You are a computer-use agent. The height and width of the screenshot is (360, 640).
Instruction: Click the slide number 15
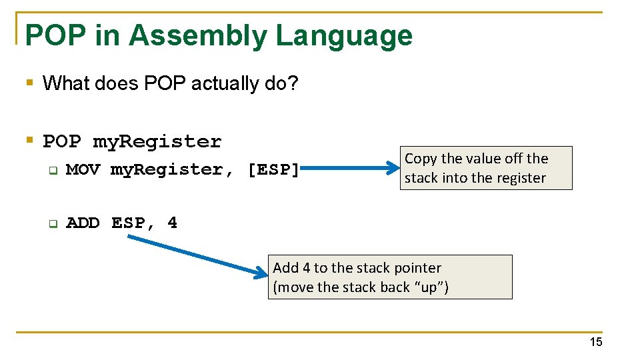(x=595, y=342)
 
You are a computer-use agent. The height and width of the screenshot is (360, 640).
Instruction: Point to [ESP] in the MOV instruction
(x=273, y=170)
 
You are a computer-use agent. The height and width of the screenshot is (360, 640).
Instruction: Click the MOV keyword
(x=83, y=170)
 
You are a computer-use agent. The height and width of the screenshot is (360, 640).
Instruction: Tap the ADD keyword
(x=83, y=223)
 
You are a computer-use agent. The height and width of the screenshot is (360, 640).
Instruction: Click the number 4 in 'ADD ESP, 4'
(x=172, y=223)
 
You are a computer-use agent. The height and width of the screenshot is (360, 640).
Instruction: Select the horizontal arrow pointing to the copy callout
(x=350, y=169)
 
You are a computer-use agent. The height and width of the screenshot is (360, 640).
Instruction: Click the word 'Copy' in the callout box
(x=421, y=159)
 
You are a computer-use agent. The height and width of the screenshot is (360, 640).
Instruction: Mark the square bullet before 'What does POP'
(x=29, y=83)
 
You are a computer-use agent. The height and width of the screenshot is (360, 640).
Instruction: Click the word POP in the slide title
(x=56, y=36)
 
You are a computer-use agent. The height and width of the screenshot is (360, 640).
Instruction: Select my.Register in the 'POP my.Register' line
(x=157, y=142)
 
